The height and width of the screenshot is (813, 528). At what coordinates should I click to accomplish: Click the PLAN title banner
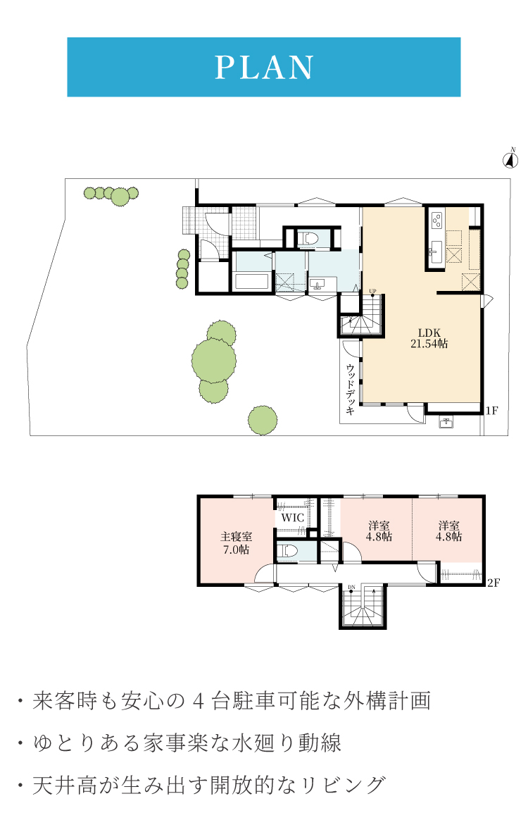(x=264, y=67)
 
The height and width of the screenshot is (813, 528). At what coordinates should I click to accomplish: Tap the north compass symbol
(x=511, y=159)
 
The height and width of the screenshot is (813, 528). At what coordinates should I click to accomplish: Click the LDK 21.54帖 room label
(x=429, y=338)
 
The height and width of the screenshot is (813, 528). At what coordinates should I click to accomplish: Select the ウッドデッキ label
(x=351, y=390)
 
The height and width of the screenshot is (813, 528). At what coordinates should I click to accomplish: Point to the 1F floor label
(x=491, y=411)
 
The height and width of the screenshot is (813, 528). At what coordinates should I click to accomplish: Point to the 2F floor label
(x=494, y=583)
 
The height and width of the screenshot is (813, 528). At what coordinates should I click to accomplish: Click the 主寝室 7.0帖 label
(x=236, y=543)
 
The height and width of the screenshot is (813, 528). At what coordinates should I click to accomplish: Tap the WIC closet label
(x=292, y=517)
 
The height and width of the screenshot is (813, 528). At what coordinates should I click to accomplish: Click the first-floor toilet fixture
(x=310, y=239)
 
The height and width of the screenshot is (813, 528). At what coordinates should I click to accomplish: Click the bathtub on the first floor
(x=252, y=282)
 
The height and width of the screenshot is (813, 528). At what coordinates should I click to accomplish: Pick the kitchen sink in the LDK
(x=435, y=251)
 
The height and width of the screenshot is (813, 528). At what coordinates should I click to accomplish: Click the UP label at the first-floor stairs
(x=372, y=291)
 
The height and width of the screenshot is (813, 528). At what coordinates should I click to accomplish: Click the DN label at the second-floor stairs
(x=351, y=588)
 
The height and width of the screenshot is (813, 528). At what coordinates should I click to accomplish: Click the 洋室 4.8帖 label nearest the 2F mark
(x=448, y=531)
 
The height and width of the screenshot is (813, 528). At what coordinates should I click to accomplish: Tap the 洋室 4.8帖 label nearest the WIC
(x=379, y=531)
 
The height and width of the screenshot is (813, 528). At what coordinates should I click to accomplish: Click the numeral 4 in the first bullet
(x=199, y=701)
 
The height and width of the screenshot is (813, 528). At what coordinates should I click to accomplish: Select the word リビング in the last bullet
(x=344, y=785)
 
